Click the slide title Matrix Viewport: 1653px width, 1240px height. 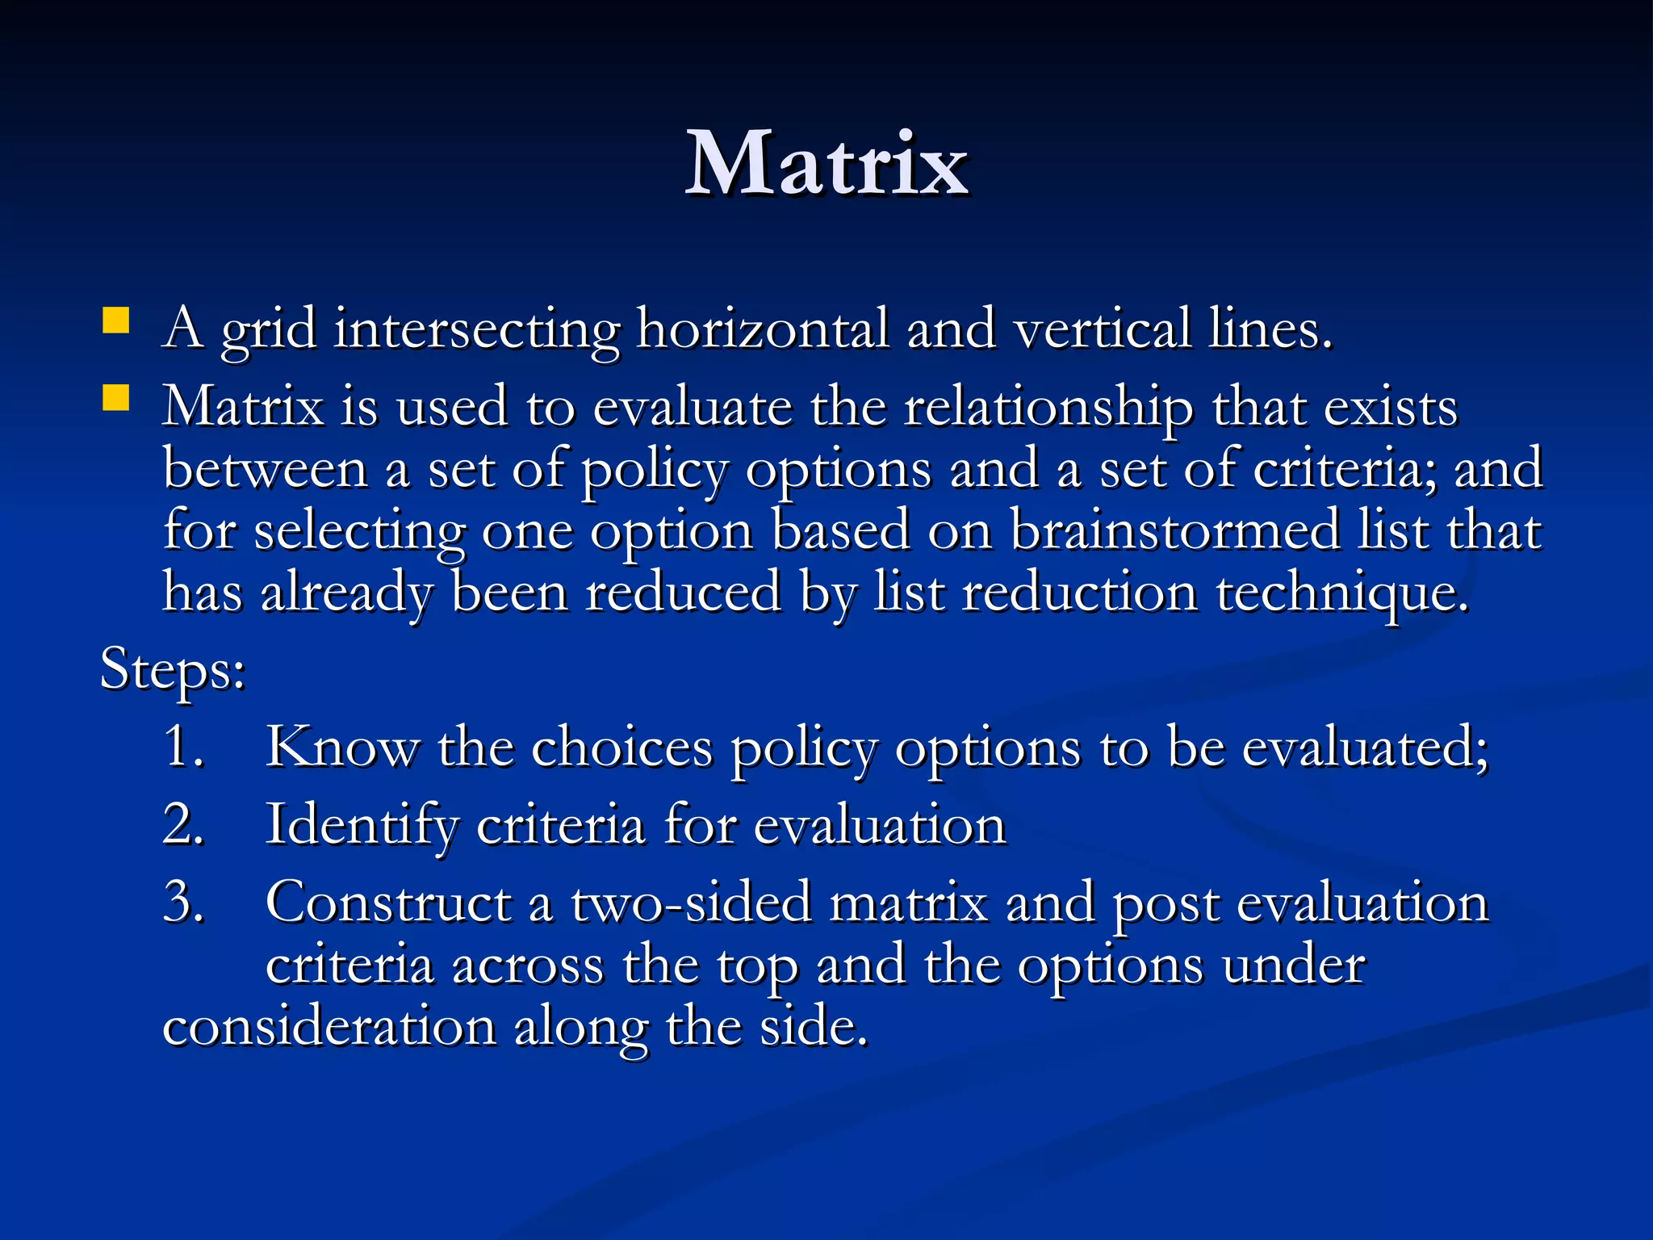pos(826,165)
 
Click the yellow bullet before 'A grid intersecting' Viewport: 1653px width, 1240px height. pos(116,320)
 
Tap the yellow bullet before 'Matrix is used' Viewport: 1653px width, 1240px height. pos(116,398)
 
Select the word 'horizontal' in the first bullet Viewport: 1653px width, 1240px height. pos(762,329)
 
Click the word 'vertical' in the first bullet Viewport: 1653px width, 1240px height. pos(1102,329)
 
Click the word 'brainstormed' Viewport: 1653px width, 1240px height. pos(1174,531)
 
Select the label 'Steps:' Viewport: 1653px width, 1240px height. pos(173,670)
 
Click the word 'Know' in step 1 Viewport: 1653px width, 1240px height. pos(342,746)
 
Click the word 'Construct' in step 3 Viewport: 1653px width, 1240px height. pos(388,903)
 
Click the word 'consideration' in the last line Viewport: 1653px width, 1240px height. pos(329,1027)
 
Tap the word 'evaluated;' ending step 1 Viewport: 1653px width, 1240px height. pos(1364,748)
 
